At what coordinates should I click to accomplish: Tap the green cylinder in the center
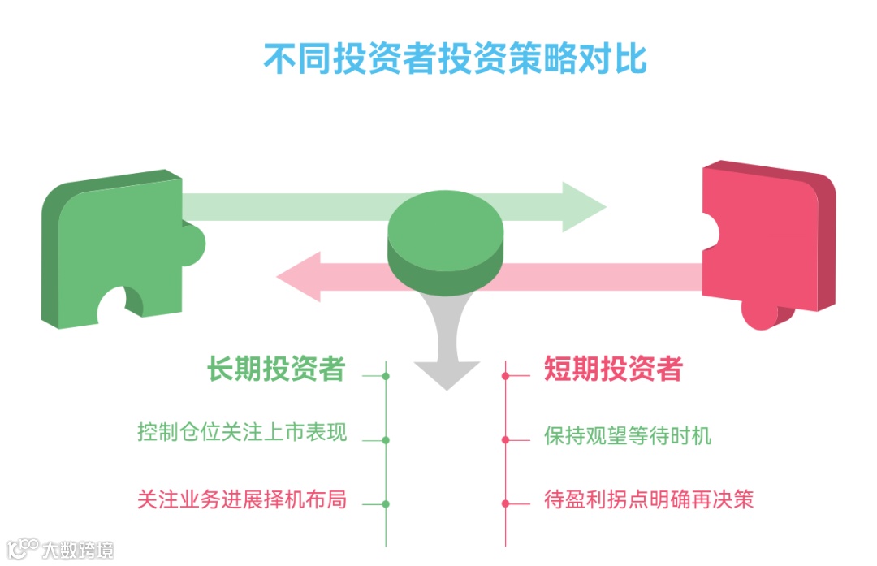(445, 235)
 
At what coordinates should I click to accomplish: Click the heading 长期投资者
(276, 369)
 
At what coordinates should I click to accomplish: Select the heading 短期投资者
(613, 369)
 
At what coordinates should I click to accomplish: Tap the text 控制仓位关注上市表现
(242, 432)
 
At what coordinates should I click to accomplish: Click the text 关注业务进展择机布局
(242, 499)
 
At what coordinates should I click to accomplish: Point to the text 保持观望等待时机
(628, 435)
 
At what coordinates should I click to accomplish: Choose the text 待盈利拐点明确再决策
(649, 499)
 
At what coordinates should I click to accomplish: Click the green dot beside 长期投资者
(386, 376)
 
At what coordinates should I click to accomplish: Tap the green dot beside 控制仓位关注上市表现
(386, 440)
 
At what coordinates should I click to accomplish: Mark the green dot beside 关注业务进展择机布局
(386, 503)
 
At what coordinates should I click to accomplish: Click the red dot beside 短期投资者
(505, 376)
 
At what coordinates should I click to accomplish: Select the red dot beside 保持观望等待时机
(505, 440)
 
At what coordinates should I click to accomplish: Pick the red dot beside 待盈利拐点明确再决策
(505, 503)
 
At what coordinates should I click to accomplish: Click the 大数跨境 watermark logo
(61, 549)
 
